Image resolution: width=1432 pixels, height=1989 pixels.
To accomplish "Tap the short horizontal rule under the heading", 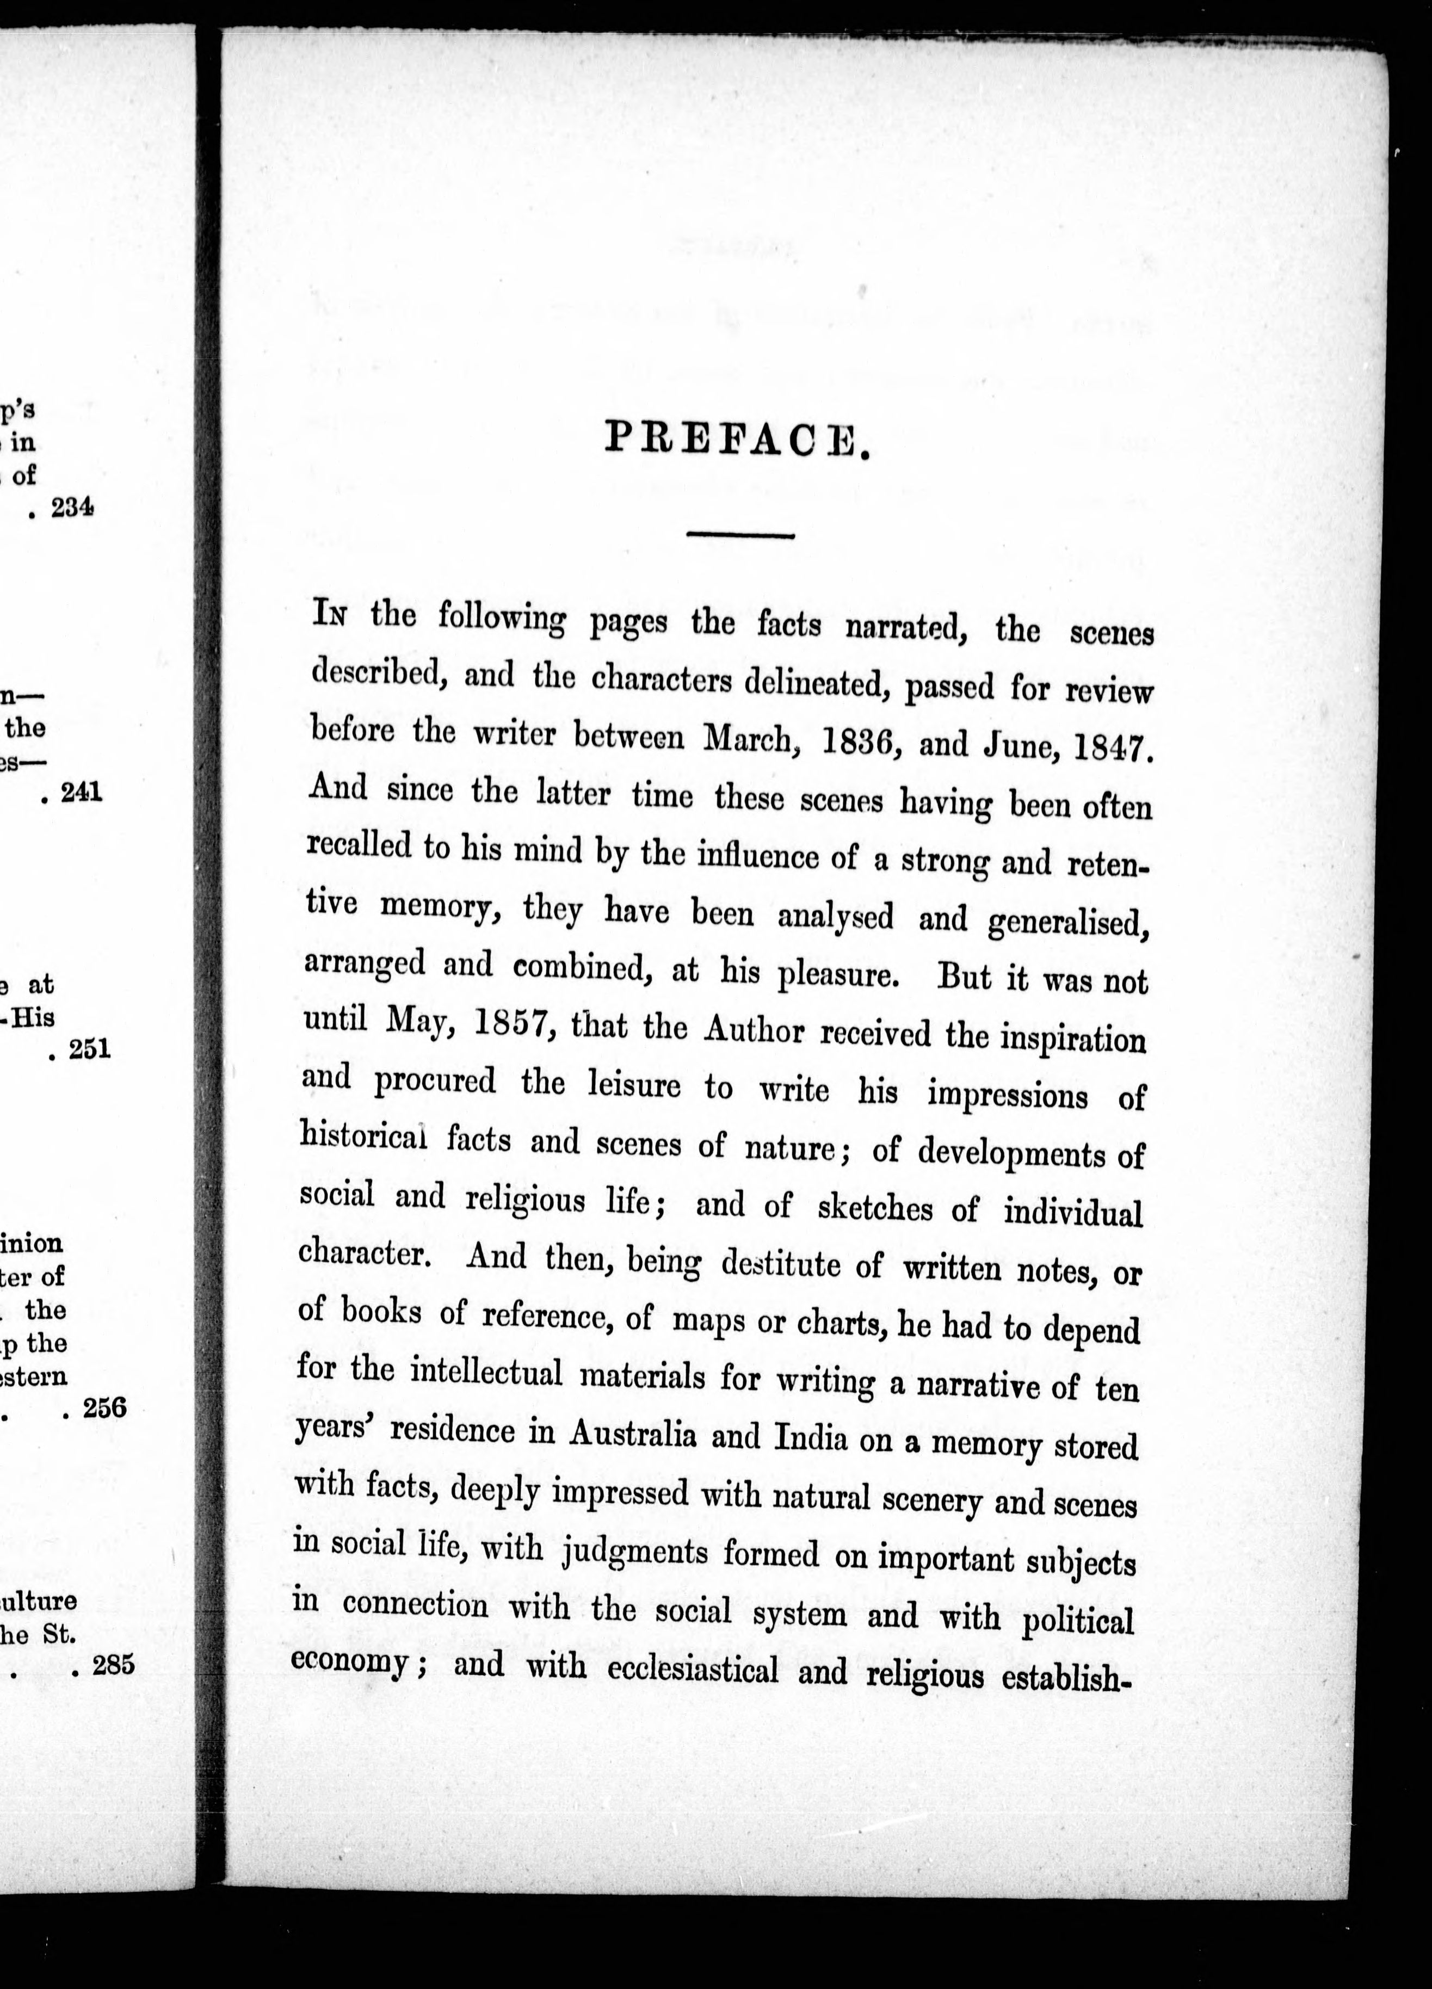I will pyautogui.click(x=740, y=535).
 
